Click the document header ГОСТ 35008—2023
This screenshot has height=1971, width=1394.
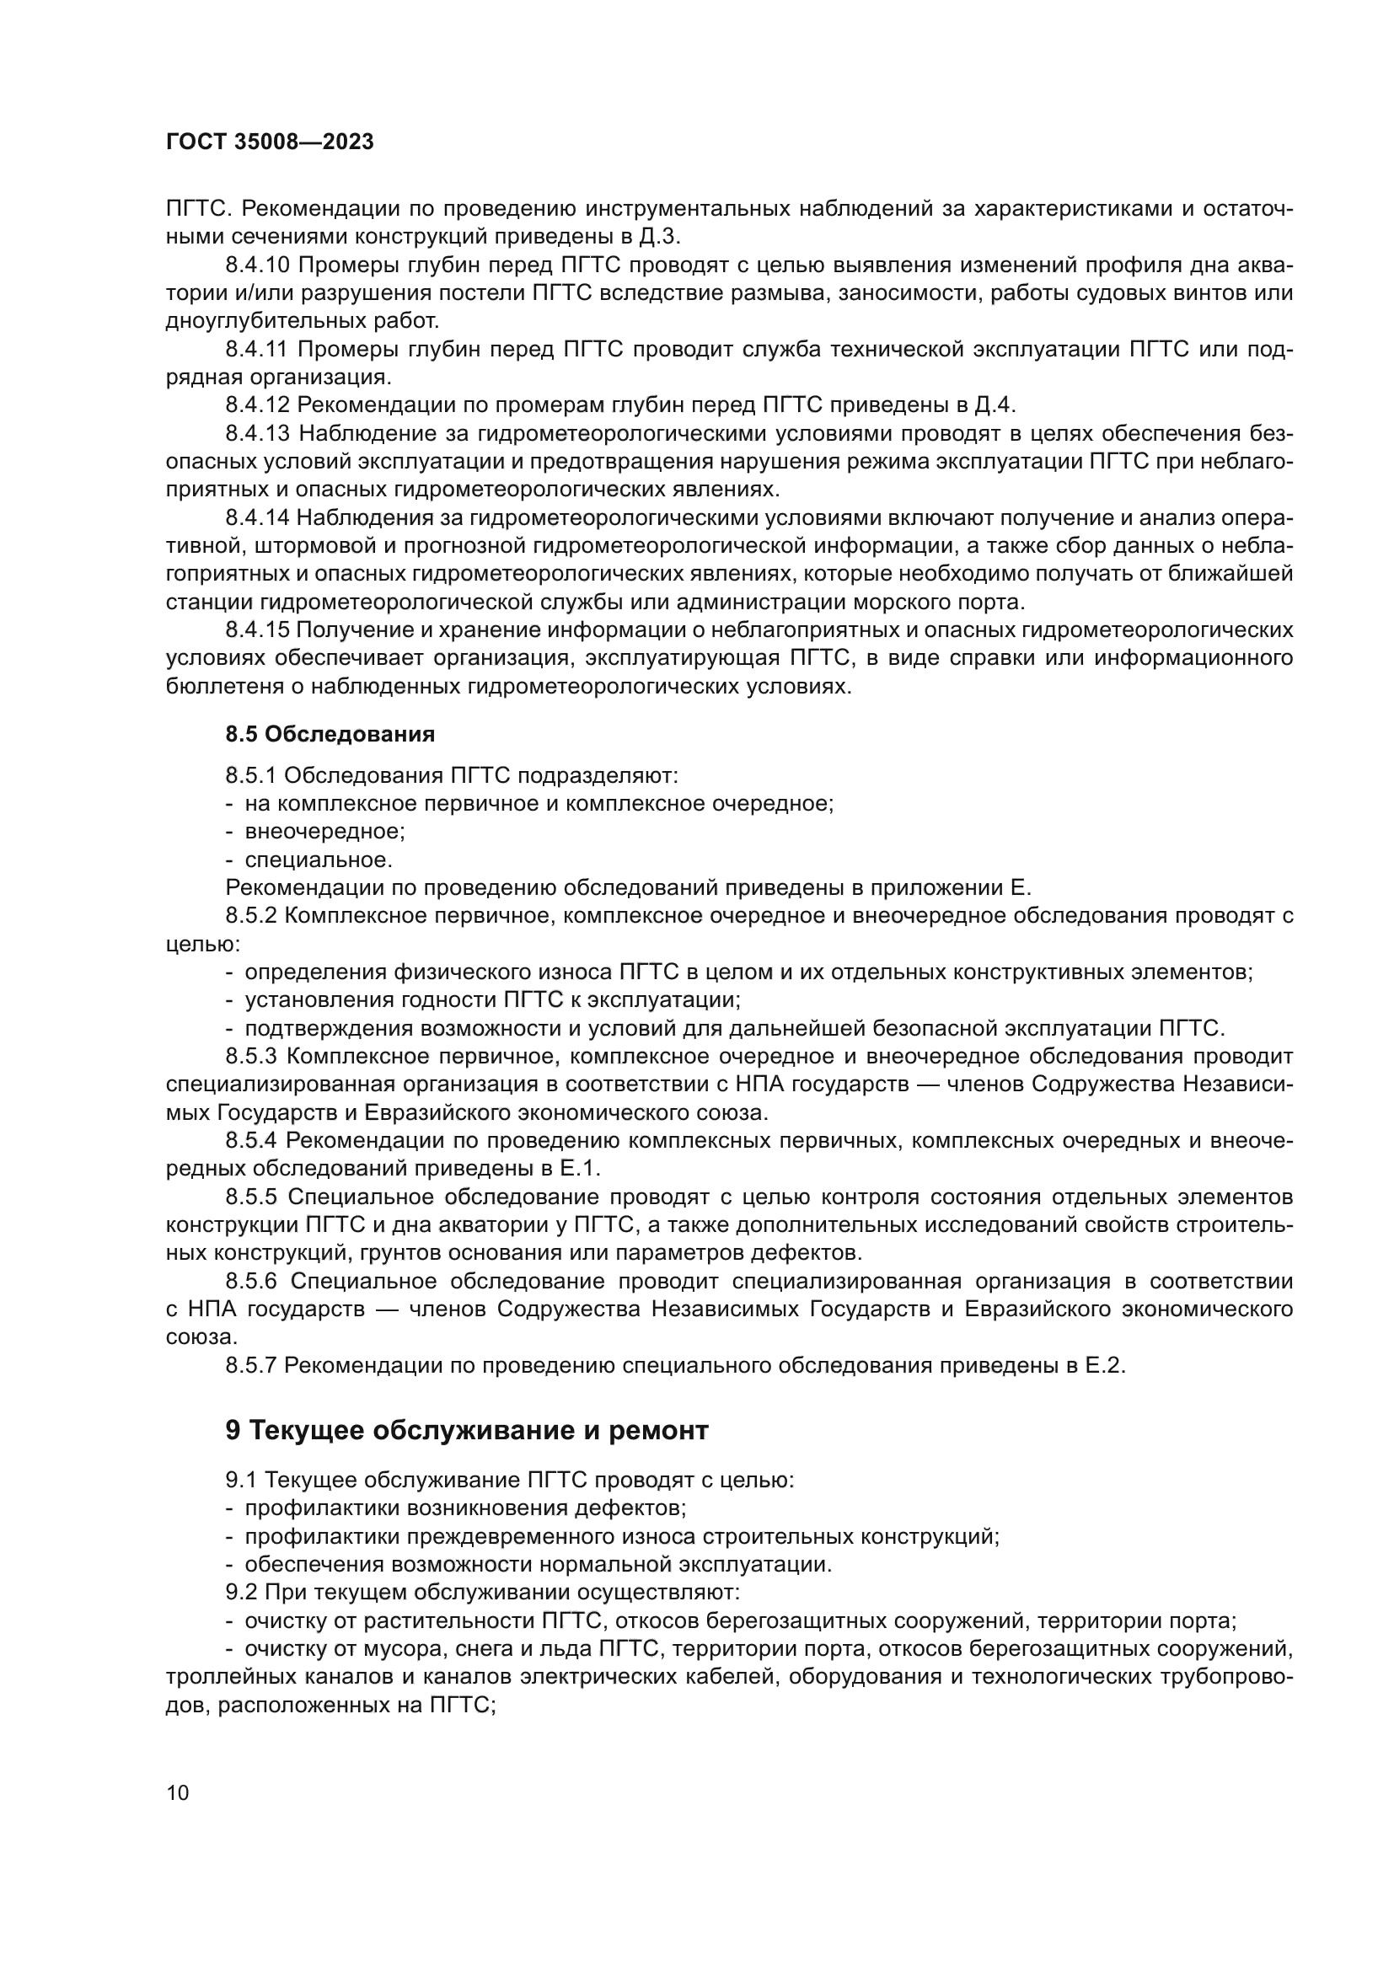point(270,142)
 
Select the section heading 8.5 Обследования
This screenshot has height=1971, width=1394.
point(330,734)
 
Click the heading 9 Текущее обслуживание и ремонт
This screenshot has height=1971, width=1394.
point(467,1430)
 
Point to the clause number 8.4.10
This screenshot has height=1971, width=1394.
point(258,265)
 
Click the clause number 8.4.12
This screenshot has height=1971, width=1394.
point(258,404)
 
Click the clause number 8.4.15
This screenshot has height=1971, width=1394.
point(258,629)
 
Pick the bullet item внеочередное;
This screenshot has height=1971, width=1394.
point(324,831)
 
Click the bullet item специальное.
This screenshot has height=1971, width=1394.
point(319,860)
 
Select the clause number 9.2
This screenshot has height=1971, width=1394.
point(241,1593)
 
